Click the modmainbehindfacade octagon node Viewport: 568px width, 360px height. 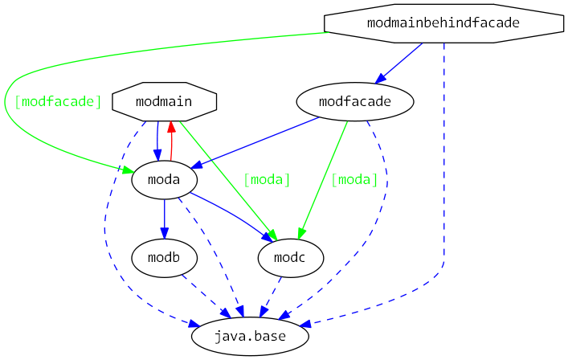[443, 23]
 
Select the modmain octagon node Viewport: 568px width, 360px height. [164, 101]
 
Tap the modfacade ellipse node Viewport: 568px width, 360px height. [354, 102]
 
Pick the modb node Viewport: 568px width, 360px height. [164, 259]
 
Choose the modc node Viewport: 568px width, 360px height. [290, 259]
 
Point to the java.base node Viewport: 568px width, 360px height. [250, 337]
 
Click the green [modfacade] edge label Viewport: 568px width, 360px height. [58, 102]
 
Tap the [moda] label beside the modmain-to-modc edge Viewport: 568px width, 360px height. [266, 179]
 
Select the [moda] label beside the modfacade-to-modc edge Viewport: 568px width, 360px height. [353, 179]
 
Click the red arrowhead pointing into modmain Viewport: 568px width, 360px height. [170, 127]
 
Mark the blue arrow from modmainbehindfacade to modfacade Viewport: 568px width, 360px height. [399, 62]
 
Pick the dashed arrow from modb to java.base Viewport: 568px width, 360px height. [202, 293]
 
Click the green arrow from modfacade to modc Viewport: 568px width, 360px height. [325, 177]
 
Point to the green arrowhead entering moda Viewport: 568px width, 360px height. [126, 170]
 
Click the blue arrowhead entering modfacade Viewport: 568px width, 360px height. [381, 78]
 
